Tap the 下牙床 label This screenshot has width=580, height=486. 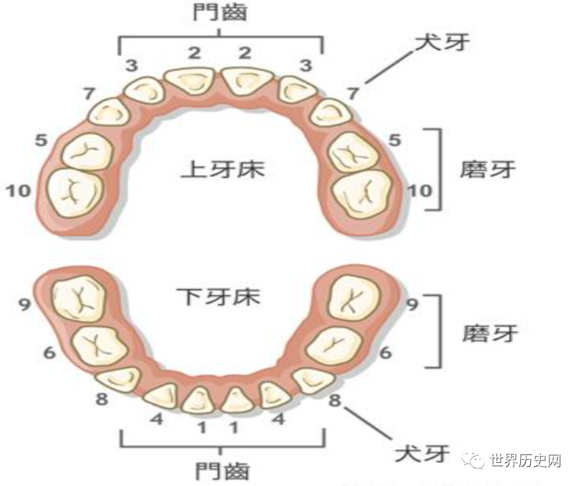click(x=219, y=296)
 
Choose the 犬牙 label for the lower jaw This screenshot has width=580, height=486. click(x=422, y=454)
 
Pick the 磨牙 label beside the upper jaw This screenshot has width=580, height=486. click(x=488, y=169)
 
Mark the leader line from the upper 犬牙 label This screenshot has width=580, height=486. click(x=389, y=65)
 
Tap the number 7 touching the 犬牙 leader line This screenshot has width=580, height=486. click(x=353, y=93)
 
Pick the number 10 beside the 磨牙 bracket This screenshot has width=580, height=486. click(x=420, y=191)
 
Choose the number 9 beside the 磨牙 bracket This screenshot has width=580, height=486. click(x=412, y=305)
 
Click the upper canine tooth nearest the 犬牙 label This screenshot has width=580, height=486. click(x=330, y=112)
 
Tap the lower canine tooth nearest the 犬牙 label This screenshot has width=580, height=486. click(x=311, y=380)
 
